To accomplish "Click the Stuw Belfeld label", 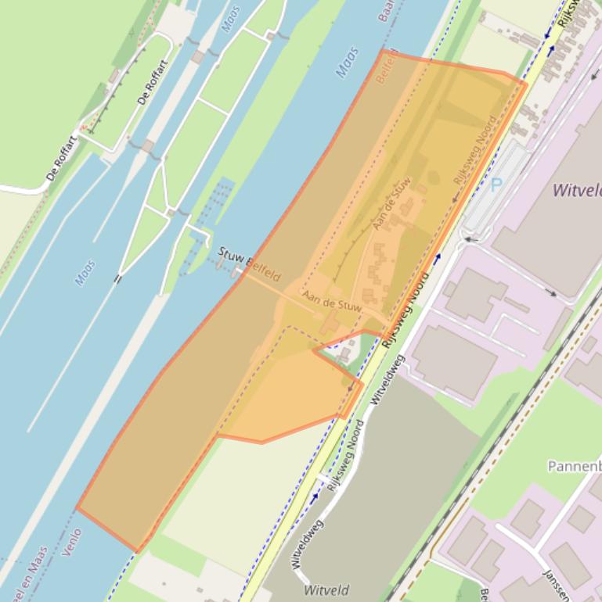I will click(248, 265).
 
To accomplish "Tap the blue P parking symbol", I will click(496, 185).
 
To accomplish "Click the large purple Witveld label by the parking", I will click(576, 190).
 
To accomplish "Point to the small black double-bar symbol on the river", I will click(118, 278).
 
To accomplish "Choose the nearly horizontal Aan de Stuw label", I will click(332, 303).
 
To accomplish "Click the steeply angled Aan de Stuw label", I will click(392, 204).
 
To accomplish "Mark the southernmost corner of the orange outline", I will click(138, 550).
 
